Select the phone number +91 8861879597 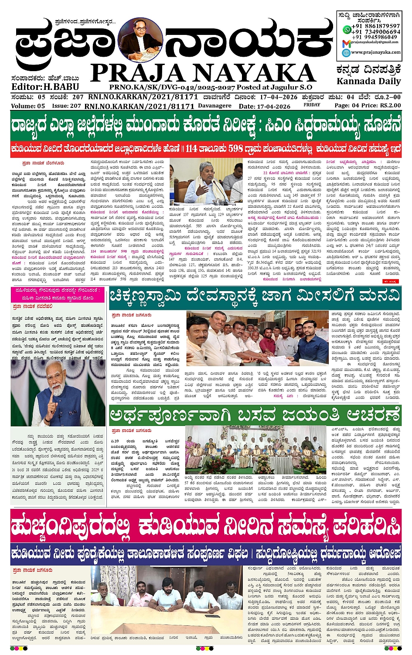376,27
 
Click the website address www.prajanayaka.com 376,52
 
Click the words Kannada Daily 368,82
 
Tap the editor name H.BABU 61,86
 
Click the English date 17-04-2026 273,106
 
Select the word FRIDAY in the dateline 312,105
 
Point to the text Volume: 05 28,106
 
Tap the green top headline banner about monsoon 206,126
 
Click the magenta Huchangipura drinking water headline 206,525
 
